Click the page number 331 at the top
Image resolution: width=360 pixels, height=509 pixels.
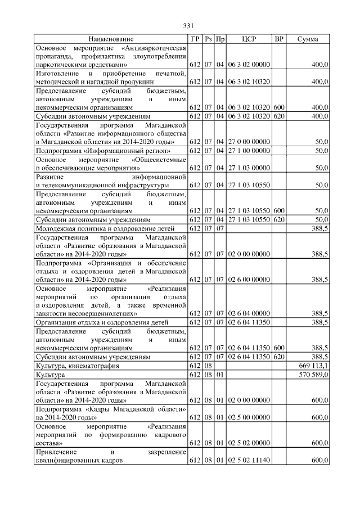(x=188, y=25)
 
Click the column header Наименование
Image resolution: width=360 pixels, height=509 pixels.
(x=111, y=39)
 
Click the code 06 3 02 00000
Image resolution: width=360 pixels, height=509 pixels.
(x=249, y=65)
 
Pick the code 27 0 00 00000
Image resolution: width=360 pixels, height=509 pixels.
(x=249, y=142)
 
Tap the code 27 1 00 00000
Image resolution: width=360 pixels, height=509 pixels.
(x=249, y=151)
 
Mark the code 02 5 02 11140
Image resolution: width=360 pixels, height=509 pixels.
(x=249, y=460)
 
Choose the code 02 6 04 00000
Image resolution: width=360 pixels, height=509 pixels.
(x=249, y=313)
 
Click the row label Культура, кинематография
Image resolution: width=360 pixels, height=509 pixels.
(x=77, y=366)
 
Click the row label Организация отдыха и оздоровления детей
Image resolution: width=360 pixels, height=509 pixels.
(x=102, y=322)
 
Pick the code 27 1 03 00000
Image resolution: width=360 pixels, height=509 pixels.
(x=249, y=168)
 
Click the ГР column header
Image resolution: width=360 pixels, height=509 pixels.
(x=195, y=39)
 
